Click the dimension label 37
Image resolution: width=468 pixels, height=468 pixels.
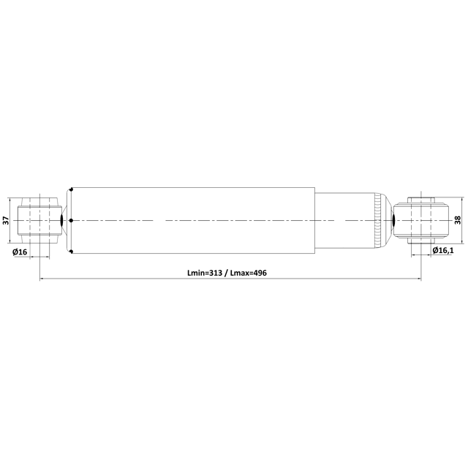coord(7,221)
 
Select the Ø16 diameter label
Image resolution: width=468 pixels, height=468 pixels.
coord(20,252)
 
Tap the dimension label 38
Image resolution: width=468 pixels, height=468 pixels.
coord(458,220)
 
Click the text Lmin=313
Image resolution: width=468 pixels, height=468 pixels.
coord(205,273)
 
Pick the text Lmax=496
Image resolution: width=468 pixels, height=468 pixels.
coord(249,273)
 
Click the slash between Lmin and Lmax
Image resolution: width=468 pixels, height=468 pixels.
coord(226,273)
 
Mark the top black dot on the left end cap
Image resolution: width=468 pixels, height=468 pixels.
coord(72,189)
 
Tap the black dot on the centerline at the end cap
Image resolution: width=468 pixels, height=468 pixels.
coord(71,221)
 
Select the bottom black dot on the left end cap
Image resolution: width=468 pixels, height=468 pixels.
coord(72,252)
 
